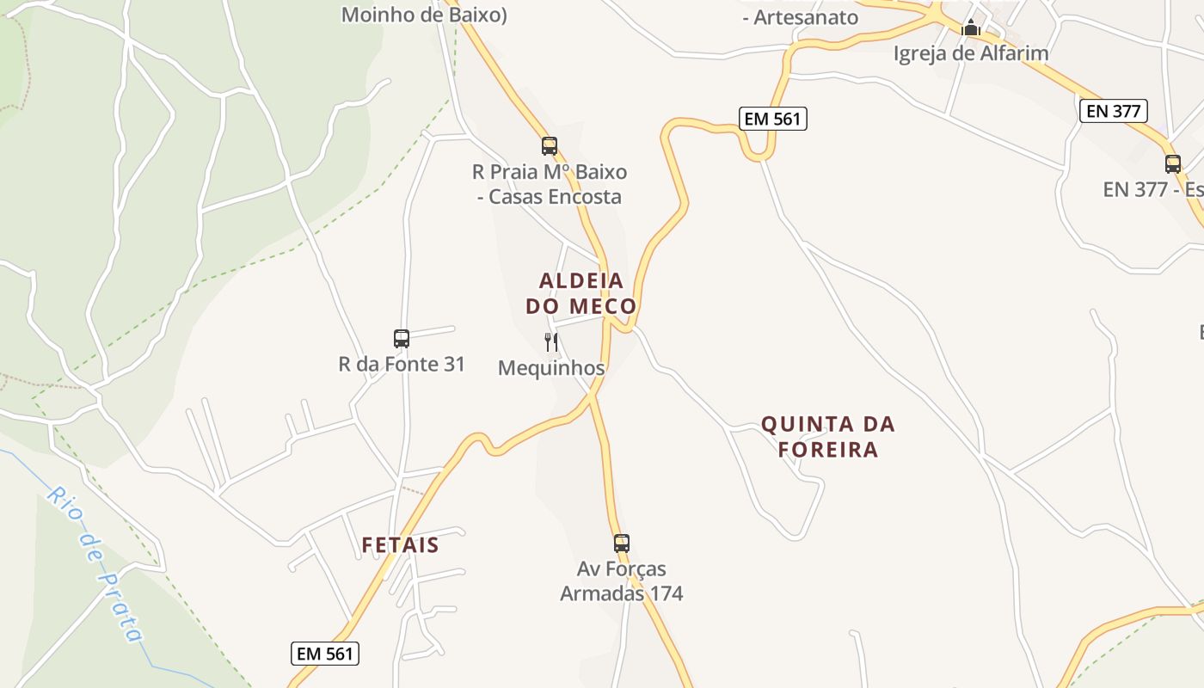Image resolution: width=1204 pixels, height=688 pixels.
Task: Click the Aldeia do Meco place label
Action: click(580, 293)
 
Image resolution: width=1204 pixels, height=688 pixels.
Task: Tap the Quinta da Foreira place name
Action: click(828, 437)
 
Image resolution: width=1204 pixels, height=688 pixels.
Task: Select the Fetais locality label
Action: click(400, 545)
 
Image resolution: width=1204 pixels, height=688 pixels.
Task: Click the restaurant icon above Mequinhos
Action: click(551, 342)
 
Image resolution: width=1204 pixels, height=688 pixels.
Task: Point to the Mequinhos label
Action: click(551, 368)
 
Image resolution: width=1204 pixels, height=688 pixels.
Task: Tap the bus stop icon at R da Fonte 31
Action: click(402, 339)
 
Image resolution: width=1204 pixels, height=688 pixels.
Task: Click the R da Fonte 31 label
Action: click(402, 365)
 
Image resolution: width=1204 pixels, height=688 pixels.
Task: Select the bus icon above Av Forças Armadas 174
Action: click(622, 544)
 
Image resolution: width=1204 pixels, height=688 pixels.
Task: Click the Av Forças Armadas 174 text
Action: click(622, 581)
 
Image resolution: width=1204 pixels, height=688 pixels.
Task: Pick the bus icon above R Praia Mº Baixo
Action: click(550, 146)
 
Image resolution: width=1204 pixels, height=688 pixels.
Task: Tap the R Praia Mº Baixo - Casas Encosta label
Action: click(550, 184)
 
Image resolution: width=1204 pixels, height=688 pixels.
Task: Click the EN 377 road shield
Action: click(1114, 111)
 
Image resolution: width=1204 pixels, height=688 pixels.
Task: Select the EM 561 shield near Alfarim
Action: click(773, 119)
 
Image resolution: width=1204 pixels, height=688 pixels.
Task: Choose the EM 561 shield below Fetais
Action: click(324, 654)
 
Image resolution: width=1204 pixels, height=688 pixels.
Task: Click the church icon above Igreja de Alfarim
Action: click(971, 28)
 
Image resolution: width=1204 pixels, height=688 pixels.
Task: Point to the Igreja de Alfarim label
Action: click(971, 53)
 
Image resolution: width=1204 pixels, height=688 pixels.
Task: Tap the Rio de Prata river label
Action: click(95, 563)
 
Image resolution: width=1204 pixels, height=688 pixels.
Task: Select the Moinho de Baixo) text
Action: click(424, 15)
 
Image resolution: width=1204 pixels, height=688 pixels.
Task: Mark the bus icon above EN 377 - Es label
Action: click(1173, 164)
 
